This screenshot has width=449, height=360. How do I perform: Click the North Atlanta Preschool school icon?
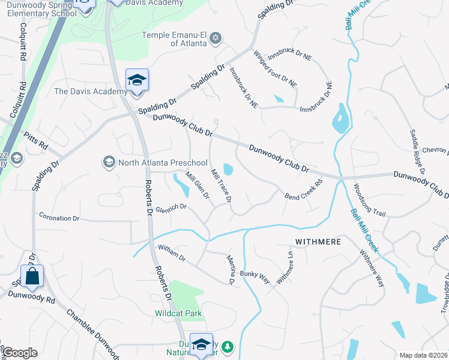tap(109, 162)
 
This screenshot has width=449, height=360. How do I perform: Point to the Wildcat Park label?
tap(178, 313)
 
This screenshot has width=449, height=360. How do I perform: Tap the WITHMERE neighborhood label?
tap(318, 242)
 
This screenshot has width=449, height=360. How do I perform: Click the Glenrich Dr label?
tap(172, 208)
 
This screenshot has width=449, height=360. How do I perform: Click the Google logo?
tap(19, 353)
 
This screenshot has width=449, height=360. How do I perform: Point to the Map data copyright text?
tap(423, 355)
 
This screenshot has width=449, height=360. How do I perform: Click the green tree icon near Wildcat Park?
tap(227, 347)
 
